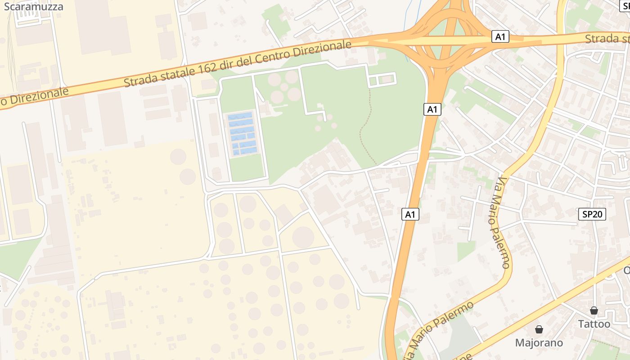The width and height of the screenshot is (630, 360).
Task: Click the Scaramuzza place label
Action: (x=33, y=6)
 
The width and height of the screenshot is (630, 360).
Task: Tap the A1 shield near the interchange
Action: (x=500, y=37)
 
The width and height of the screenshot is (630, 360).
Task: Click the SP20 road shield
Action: (x=592, y=215)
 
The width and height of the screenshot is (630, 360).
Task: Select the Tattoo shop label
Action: (x=594, y=324)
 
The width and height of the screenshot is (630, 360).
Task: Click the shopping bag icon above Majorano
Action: (x=539, y=329)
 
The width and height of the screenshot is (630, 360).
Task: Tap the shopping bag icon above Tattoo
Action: (x=594, y=310)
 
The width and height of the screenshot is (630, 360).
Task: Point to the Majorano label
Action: (x=539, y=343)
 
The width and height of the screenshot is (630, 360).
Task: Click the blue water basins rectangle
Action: (x=242, y=134)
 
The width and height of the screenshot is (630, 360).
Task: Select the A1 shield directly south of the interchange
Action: (x=432, y=109)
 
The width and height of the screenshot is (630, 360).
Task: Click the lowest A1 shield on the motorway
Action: (x=410, y=214)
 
